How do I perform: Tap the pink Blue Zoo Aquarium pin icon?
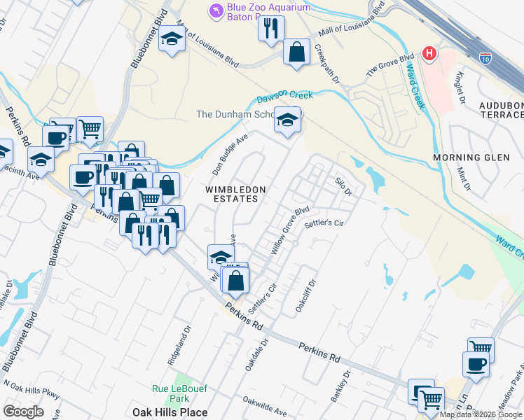click(x=216, y=9)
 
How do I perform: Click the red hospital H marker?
click(x=429, y=53)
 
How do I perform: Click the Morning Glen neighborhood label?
click(x=471, y=157)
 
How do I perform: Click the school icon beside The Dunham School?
click(x=287, y=120)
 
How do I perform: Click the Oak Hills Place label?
click(x=170, y=412)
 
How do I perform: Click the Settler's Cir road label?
click(x=324, y=224)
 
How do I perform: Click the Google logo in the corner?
click(x=23, y=411)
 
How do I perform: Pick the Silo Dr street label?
click(x=343, y=185)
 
